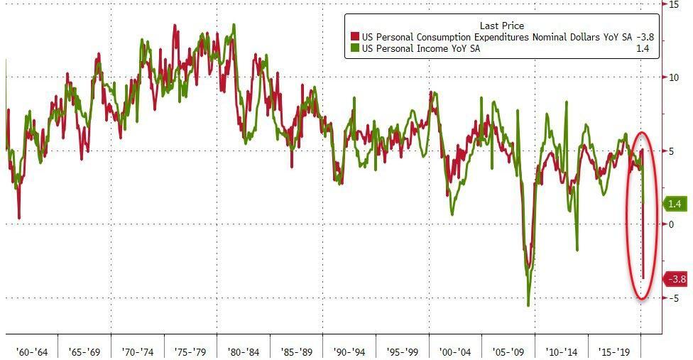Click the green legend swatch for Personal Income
pos(354,48)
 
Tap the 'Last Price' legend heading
pos(501,26)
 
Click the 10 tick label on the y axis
pos(675,77)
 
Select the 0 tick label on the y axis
pos(672,224)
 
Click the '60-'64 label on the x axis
pos(33,351)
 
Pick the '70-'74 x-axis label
pos(138,351)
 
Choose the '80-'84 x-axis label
pos(244,351)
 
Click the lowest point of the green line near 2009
pos(528,306)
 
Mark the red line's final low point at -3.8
pos(643,279)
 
